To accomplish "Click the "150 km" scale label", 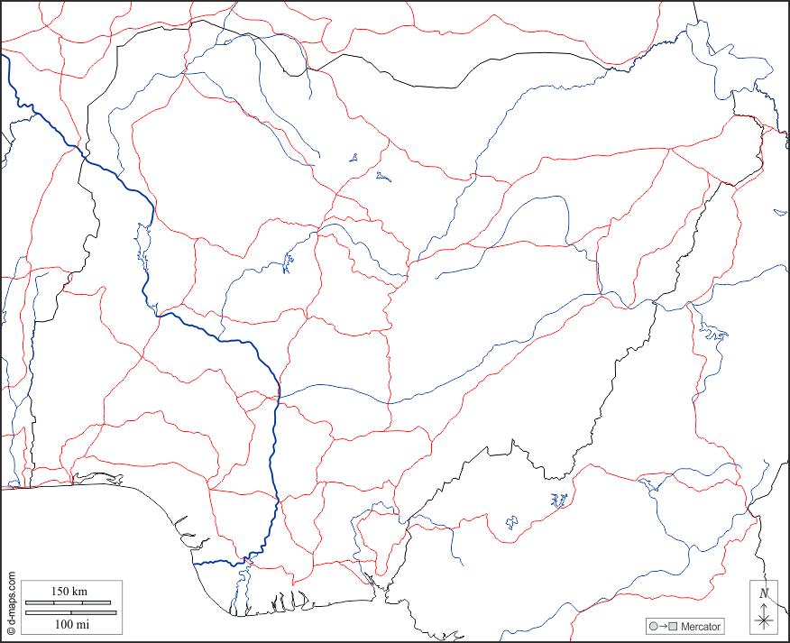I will [69, 591].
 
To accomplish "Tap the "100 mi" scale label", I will [71, 624].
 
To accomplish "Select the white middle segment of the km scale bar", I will [69, 602].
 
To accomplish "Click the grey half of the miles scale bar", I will [49, 613].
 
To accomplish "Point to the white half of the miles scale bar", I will [94, 613].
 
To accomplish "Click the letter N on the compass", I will [764, 592].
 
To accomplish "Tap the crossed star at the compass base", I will [764, 620].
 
